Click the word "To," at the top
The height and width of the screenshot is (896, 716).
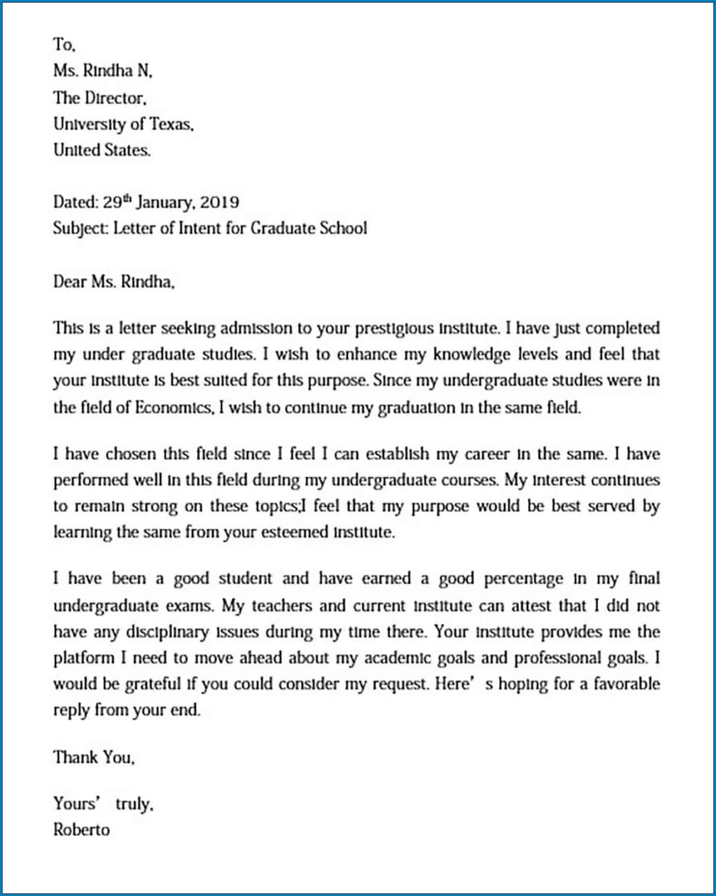(x=64, y=45)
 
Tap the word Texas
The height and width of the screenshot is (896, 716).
(x=171, y=124)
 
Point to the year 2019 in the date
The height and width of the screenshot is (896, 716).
(x=219, y=202)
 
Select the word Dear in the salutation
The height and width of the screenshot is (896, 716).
(x=70, y=282)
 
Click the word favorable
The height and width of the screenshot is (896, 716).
(x=627, y=684)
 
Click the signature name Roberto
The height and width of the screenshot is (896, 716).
(x=81, y=829)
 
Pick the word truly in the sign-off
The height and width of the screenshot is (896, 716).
(x=134, y=804)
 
